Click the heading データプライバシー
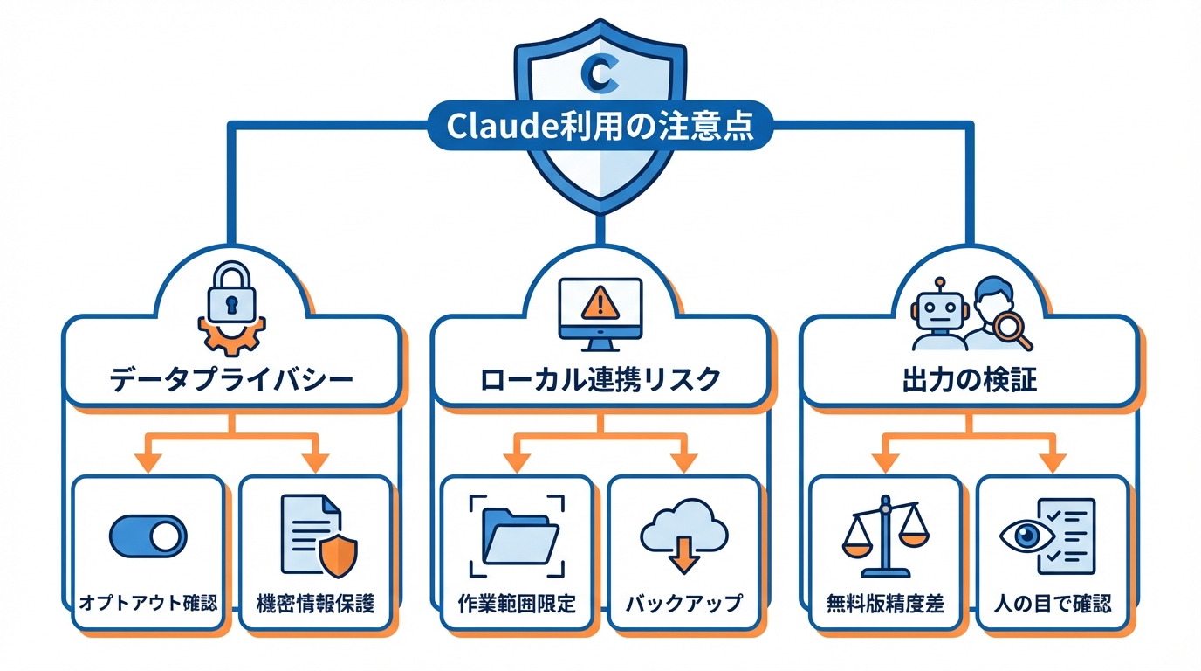(x=231, y=380)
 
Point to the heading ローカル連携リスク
(x=600, y=380)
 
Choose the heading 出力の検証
(x=969, y=381)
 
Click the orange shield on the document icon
(x=337, y=554)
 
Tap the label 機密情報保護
(x=315, y=603)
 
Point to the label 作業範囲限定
(x=517, y=603)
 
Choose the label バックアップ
(x=683, y=603)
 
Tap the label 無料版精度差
(x=885, y=603)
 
